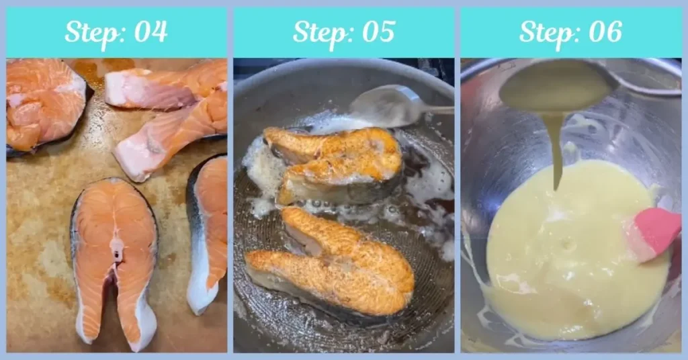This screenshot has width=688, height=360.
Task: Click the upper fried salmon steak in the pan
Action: (336, 161)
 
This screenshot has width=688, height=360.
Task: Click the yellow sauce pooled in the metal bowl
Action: (571, 255)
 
